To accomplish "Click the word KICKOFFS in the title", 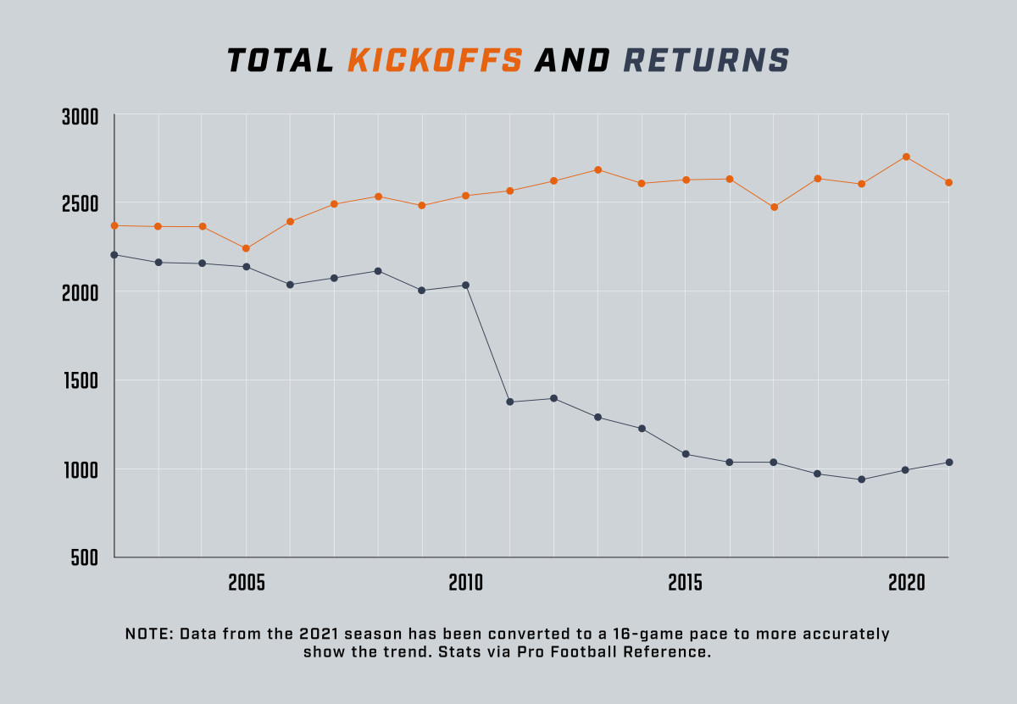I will point(435,61).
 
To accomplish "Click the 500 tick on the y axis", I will point(86,558).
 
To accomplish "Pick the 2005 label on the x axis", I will point(247,584).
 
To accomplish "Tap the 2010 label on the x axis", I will point(466,584).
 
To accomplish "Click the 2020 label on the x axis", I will point(906,584).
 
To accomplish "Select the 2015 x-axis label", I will point(686,584).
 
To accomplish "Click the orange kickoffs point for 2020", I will point(906,157).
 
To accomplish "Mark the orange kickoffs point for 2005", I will point(247,248).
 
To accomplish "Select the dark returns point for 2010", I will point(466,285).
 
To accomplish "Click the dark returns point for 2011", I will point(510,402).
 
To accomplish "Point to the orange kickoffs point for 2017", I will point(774,207).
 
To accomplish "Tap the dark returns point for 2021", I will point(949,462).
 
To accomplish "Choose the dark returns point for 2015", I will point(686,454).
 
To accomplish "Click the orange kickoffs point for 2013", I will point(598,169).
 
